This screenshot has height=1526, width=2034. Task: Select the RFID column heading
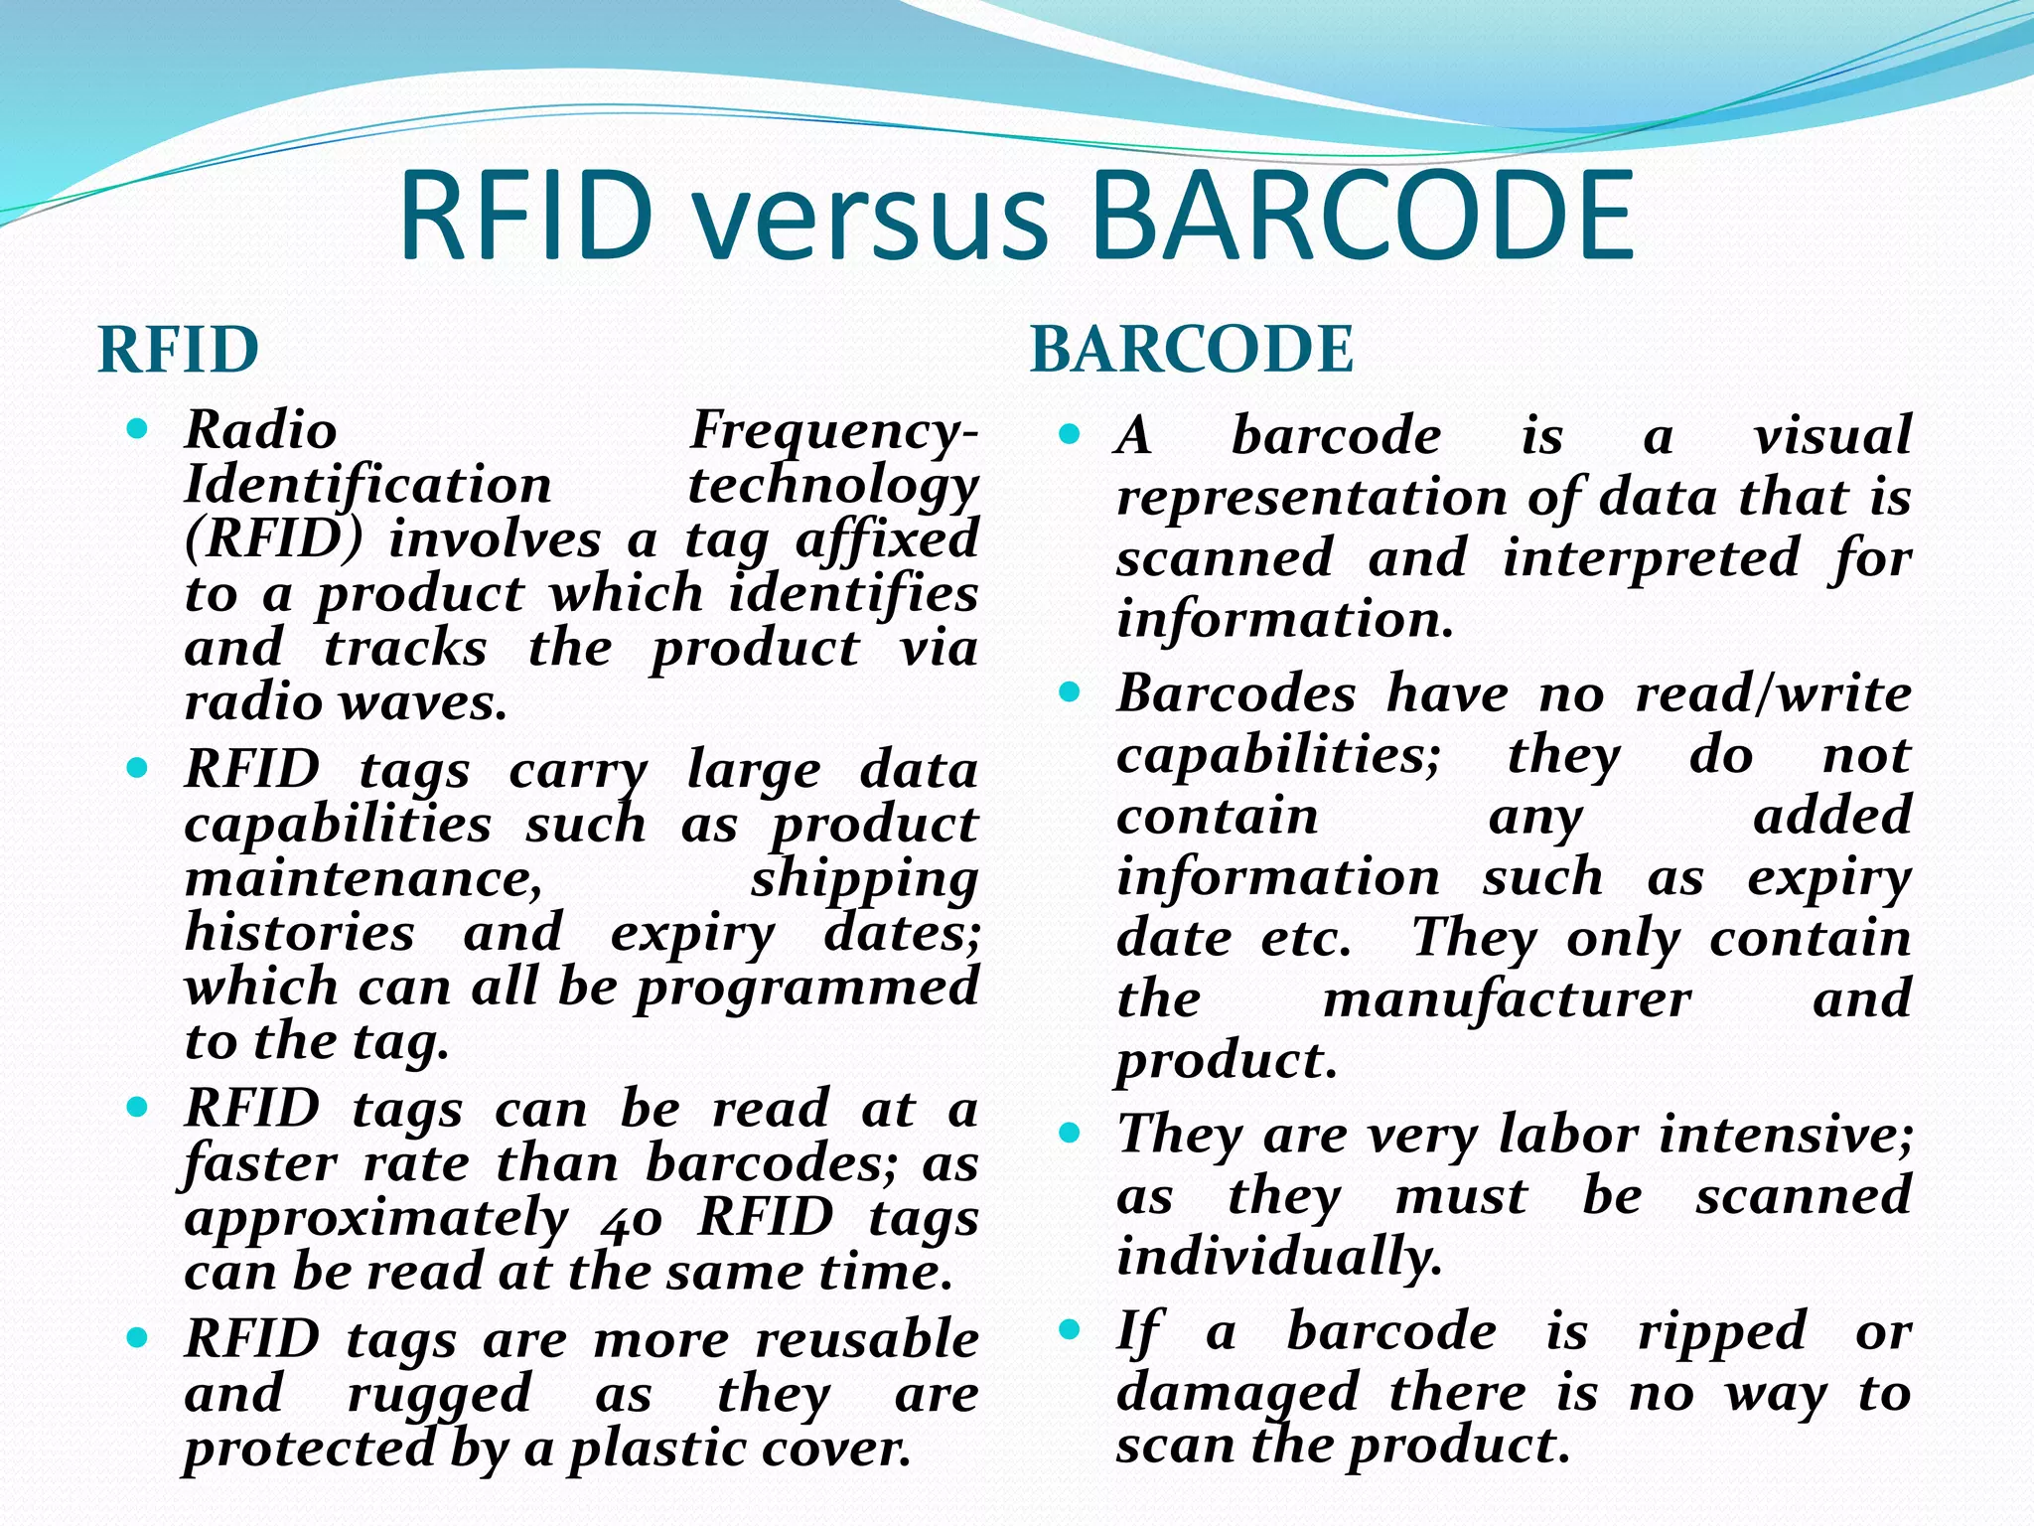tap(179, 350)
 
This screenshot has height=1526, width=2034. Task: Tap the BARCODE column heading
tap(1192, 350)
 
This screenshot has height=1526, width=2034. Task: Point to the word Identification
tap(368, 486)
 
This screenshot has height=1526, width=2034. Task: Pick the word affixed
tap(887, 540)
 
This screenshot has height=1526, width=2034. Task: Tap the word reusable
tap(867, 1339)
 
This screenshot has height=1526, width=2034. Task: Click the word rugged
tap(439, 1394)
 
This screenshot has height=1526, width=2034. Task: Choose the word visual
tap(1832, 436)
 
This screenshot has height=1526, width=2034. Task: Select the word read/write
tap(1773, 693)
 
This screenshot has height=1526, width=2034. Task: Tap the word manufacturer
tap(1507, 999)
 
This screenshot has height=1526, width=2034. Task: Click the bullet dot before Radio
tap(138, 429)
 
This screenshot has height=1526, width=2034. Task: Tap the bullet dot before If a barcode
tap(1069, 1329)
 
